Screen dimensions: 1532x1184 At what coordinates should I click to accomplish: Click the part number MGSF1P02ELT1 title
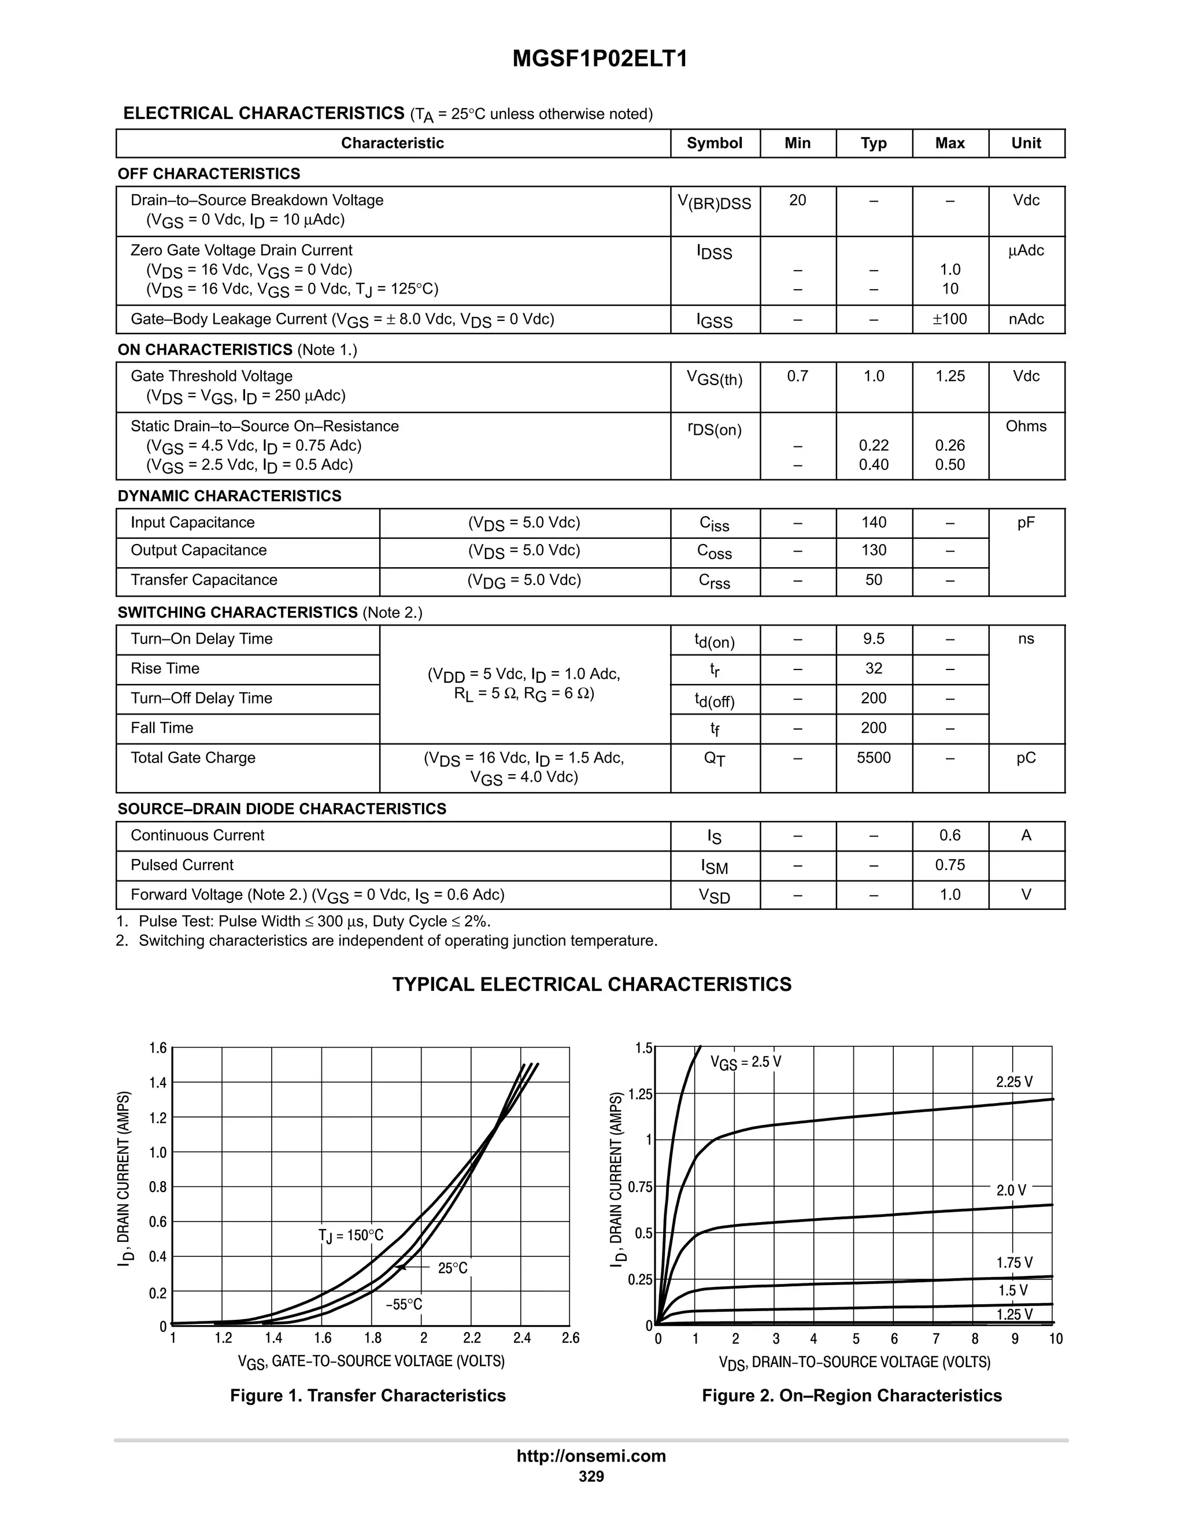point(600,58)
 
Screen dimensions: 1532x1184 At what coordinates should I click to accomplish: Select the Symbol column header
point(714,143)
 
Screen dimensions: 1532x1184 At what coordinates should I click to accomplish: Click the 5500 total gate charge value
point(874,757)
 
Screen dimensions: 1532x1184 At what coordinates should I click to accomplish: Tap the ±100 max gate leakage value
point(950,319)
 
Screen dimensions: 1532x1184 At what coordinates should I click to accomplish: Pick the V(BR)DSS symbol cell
point(714,203)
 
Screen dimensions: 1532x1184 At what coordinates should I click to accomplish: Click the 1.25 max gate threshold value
point(950,376)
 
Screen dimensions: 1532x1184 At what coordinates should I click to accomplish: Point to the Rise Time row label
point(165,668)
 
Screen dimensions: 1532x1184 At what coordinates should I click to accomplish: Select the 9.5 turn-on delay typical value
point(874,639)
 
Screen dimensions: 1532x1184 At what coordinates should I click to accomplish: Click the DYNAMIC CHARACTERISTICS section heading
point(230,496)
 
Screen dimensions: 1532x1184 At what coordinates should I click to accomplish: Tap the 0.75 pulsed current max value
point(950,865)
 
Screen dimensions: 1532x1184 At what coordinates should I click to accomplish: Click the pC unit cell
point(1026,757)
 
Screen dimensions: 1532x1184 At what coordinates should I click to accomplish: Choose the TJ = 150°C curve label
point(351,1235)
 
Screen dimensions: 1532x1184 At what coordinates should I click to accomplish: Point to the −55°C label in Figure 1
point(404,1305)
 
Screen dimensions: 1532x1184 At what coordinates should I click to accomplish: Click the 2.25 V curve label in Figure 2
point(1014,1082)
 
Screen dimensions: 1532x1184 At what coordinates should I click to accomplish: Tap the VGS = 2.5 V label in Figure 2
point(746,1062)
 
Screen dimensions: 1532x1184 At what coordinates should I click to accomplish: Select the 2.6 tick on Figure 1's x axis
point(570,1338)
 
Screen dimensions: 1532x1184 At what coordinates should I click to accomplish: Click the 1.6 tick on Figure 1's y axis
point(158,1048)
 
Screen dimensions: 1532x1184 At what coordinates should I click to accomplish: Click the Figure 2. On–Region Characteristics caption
point(852,1395)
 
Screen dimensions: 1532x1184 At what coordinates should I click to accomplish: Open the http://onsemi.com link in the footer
point(591,1456)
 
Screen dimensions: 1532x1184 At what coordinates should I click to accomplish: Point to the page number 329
point(591,1476)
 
